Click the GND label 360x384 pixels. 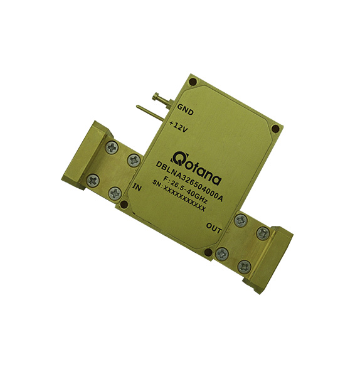click(185, 110)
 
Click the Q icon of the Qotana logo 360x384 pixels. click(179, 157)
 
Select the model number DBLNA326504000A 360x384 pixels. click(189, 181)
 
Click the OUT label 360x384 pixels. click(214, 228)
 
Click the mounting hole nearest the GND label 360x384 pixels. click(193, 82)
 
